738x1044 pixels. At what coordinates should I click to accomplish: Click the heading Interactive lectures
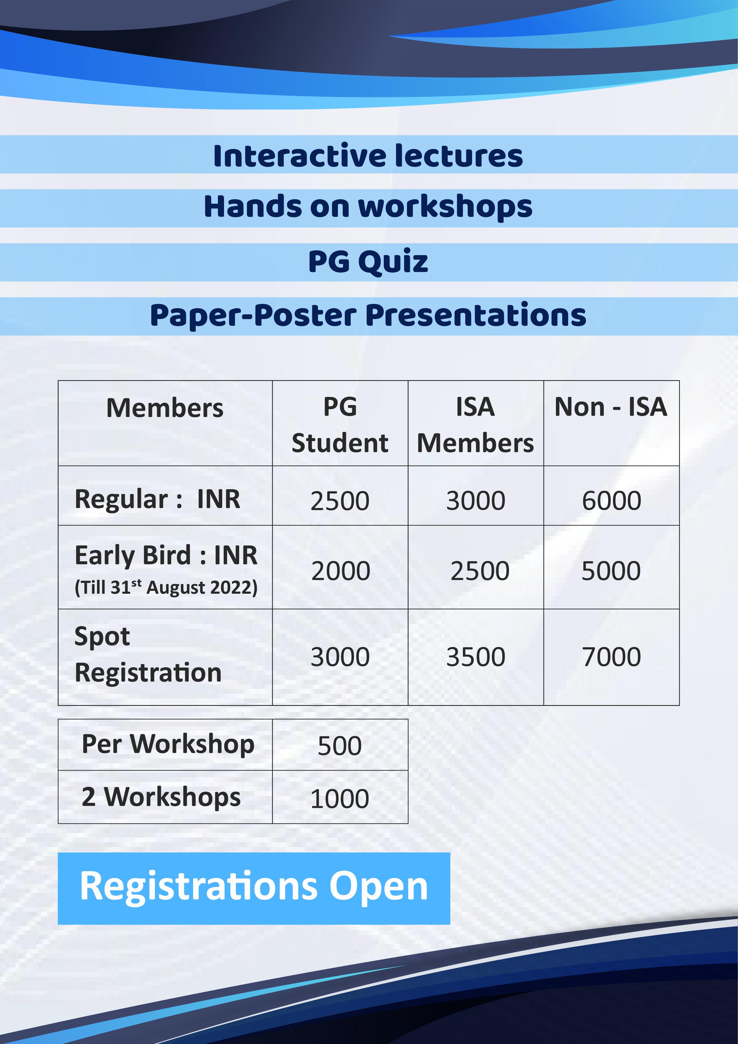pos(368,156)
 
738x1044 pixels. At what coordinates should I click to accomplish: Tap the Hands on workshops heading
pos(368,207)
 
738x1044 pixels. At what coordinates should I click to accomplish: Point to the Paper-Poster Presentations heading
pos(368,315)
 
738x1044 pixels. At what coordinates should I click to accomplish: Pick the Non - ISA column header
pos(611,407)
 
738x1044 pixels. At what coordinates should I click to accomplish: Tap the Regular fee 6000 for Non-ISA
pos(611,501)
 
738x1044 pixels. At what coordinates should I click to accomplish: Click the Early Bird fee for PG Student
pos(340,571)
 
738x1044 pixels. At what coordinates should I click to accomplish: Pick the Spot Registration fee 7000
pos(611,657)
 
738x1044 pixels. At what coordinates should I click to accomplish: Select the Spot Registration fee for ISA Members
pos(476,657)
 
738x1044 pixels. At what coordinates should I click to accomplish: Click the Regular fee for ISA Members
pos(476,501)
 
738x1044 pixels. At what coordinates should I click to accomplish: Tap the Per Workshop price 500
pos(339,746)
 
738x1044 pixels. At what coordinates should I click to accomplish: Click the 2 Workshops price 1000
pos(339,799)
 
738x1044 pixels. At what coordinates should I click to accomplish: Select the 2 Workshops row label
pos(161,798)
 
